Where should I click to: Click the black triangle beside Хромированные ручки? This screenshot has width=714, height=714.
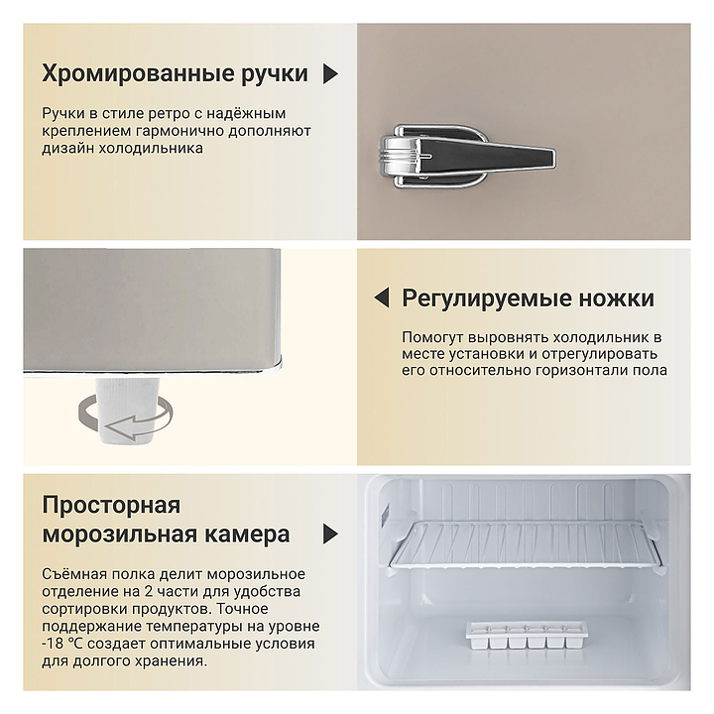330,73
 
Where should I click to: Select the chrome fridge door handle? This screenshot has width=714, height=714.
467,157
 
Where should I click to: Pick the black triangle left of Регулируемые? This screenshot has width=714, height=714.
382,297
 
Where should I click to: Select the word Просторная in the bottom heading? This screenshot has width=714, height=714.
111,506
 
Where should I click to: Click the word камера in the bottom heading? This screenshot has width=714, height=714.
247,535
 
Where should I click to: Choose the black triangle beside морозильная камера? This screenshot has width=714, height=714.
330,534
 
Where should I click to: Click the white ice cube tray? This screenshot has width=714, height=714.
526,636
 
